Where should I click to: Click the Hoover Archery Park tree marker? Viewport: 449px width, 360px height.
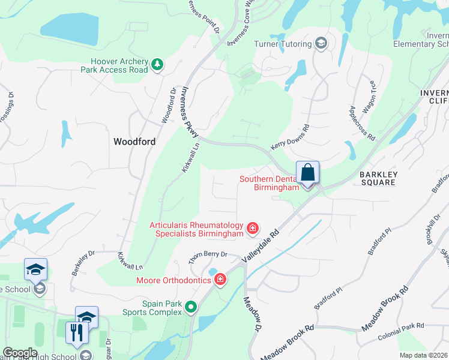[157, 64]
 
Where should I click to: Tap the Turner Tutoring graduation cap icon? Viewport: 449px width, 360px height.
[321, 44]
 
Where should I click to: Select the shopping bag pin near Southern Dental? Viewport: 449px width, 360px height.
[307, 173]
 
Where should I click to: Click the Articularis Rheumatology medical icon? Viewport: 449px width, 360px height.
[253, 228]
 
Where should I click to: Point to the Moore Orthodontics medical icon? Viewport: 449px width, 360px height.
[220, 279]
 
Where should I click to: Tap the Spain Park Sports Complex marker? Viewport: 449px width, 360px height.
[191, 308]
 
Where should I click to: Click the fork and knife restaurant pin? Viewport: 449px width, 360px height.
[76, 332]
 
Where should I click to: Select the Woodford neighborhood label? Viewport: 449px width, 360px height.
[134, 142]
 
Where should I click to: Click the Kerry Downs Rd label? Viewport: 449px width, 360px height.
[290, 137]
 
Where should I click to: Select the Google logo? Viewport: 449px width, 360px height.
[20, 353]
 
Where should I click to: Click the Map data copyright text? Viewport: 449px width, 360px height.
[423, 355]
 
